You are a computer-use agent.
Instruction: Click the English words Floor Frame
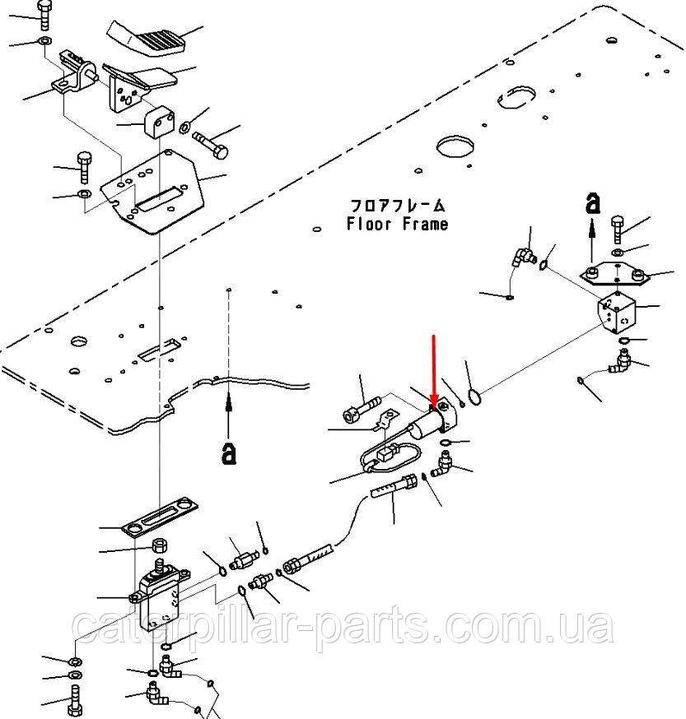tap(397, 224)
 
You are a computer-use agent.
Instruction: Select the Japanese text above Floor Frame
tap(397, 205)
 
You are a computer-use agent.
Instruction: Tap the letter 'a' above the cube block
tap(593, 203)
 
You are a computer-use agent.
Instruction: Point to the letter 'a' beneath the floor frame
tap(229, 453)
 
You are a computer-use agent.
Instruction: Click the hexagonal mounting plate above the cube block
tap(615, 274)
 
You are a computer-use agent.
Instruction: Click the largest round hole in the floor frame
tap(455, 146)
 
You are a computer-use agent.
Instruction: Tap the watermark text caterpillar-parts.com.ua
tap(343, 624)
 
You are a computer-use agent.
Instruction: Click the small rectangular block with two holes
tap(160, 121)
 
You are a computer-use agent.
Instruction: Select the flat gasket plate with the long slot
tap(160, 516)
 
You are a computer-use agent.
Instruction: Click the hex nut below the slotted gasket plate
tap(159, 545)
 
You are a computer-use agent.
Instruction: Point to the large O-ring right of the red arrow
tap(475, 397)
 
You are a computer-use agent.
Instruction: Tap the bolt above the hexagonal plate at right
tap(617, 230)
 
